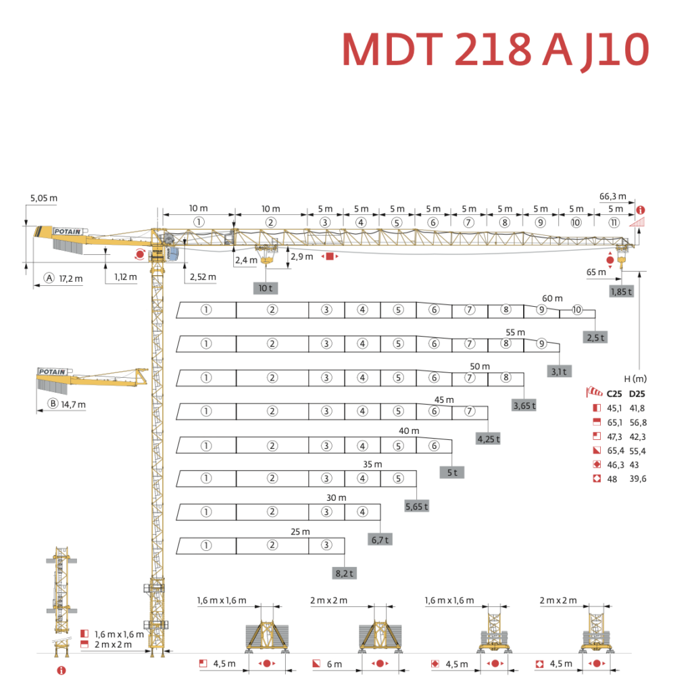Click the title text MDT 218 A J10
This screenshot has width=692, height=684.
coord(495,48)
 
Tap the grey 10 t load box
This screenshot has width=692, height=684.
coord(265,288)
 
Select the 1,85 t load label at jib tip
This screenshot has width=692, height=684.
coord(620,291)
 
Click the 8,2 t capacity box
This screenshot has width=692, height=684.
coord(344,573)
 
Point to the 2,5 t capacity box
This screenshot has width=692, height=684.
coord(595,337)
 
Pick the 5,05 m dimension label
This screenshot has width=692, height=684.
coord(44,199)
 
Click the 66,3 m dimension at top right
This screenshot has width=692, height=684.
coord(612,197)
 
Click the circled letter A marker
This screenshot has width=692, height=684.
coord(49,278)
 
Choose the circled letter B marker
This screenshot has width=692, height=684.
coord(53,405)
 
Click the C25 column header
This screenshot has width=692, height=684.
coord(614,393)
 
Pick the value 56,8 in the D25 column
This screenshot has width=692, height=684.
coord(638,422)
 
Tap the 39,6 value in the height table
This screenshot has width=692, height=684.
coord(638,479)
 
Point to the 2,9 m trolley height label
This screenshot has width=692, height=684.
coord(301,257)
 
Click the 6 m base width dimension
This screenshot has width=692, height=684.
coord(334,664)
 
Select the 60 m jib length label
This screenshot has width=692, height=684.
coord(552,298)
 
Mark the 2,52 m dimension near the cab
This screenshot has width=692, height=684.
coord(203,277)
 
